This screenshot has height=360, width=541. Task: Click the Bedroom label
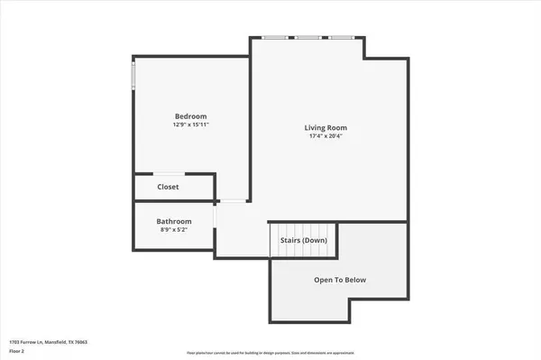pyautogui.click(x=191, y=116)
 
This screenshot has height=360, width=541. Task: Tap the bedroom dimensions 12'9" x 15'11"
pyautogui.click(x=191, y=125)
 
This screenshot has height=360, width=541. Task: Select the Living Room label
pyautogui.click(x=325, y=127)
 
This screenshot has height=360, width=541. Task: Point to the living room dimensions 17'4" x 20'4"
pyautogui.click(x=325, y=136)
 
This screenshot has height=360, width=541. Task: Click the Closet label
pyautogui.click(x=169, y=187)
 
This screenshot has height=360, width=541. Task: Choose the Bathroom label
pyautogui.click(x=174, y=221)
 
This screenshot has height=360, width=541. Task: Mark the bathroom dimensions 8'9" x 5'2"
pyautogui.click(x=174, y=229)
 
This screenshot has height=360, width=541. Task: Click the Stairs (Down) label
pyautogui.click(x=302, y=240)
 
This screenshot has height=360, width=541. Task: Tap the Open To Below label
pyautogui.click(x=340, y=280)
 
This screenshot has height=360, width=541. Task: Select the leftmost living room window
pyautogui.click(x=275, y=37)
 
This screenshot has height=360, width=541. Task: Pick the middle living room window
pyautogui.click(x=308, y=37)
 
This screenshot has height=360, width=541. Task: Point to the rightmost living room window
pyautogui.click(x=342, y=37)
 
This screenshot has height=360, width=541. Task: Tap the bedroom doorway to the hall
pyautogui.click(x=233, y=200)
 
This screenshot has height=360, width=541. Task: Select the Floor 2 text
pyautogui.click(x=17, y=351)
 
